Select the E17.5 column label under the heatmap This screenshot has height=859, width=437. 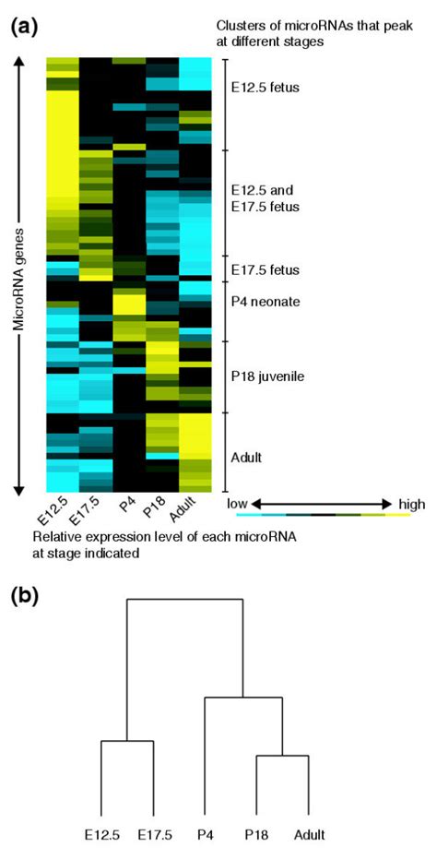(89, 510)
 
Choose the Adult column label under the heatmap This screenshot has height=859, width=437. (194, 510)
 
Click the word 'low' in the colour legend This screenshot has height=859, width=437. (237, 504)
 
